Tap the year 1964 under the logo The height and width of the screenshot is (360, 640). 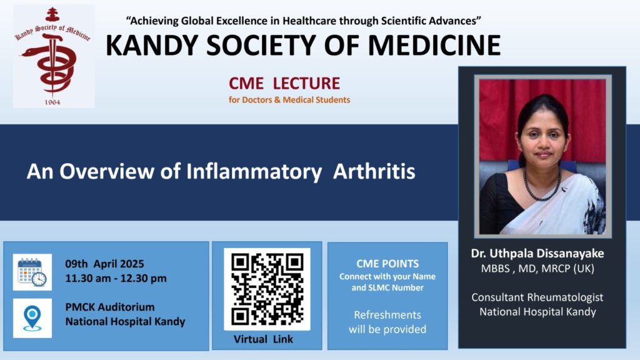point(52,102)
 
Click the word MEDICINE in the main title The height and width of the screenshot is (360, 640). point(434,45)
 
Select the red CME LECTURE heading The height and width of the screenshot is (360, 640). point(284,83)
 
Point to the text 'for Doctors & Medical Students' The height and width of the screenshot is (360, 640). point(289,99)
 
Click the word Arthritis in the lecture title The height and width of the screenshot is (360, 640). point(374,171)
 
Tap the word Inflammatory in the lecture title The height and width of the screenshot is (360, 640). point(254,172)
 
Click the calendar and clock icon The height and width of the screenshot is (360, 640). point(32,272)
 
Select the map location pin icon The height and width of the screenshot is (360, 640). point(32,318)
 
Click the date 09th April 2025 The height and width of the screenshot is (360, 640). point(104,264)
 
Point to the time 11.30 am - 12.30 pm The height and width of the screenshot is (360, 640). point(116,278)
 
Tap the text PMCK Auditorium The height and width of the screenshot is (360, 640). point(110,307)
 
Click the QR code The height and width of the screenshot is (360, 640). point(267,289)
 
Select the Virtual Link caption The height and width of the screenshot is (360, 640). point(263,339)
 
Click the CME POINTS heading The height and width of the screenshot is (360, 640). point(387,264)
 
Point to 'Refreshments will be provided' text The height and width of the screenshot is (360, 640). point(387,322)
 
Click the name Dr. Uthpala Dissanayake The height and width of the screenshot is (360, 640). point(537,254)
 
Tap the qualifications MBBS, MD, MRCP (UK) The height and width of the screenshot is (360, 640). point(537,269)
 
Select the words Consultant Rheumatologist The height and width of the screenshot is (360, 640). point(537,297)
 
